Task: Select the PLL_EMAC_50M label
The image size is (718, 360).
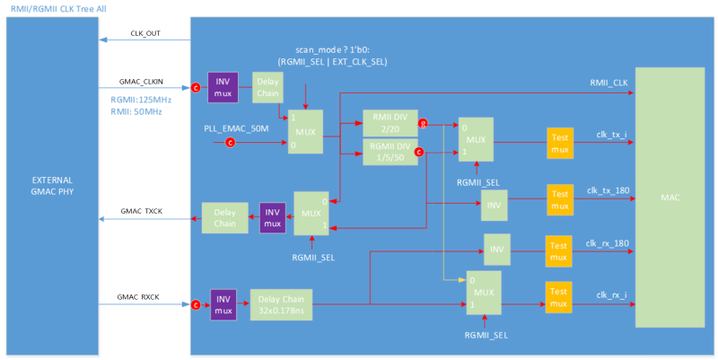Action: point(235,128)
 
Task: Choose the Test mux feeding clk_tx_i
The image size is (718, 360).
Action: point(560,141)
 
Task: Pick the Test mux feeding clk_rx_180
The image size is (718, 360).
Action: point(558,250)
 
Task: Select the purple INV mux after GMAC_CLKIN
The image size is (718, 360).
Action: point(222,87)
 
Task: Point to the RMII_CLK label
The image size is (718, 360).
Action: point(608,83)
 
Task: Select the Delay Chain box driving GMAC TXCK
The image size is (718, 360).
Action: point(219,218)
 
